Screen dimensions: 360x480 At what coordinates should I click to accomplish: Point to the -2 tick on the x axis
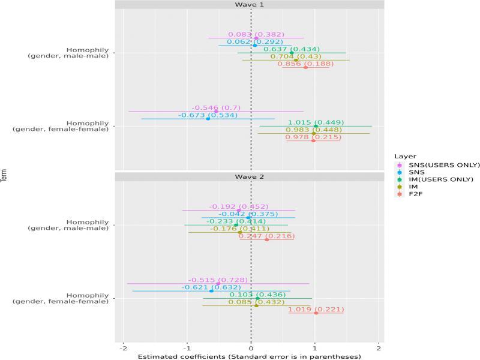(123, 348)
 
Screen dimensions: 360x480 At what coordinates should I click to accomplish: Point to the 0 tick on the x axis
(251, 348)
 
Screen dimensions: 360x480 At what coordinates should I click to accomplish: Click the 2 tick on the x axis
(379, 348)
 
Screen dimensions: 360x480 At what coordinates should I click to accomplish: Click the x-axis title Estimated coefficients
(250, 356)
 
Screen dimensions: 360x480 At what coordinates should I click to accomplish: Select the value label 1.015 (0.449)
(316, 122)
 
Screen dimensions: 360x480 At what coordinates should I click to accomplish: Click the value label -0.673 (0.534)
(208, 115)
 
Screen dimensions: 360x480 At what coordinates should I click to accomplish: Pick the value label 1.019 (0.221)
(316, 309)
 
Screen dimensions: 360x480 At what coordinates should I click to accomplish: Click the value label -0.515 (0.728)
(218, 280)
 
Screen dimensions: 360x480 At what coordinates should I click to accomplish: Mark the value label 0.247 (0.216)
(266, 236)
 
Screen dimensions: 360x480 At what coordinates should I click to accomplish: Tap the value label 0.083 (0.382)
(256, 34)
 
